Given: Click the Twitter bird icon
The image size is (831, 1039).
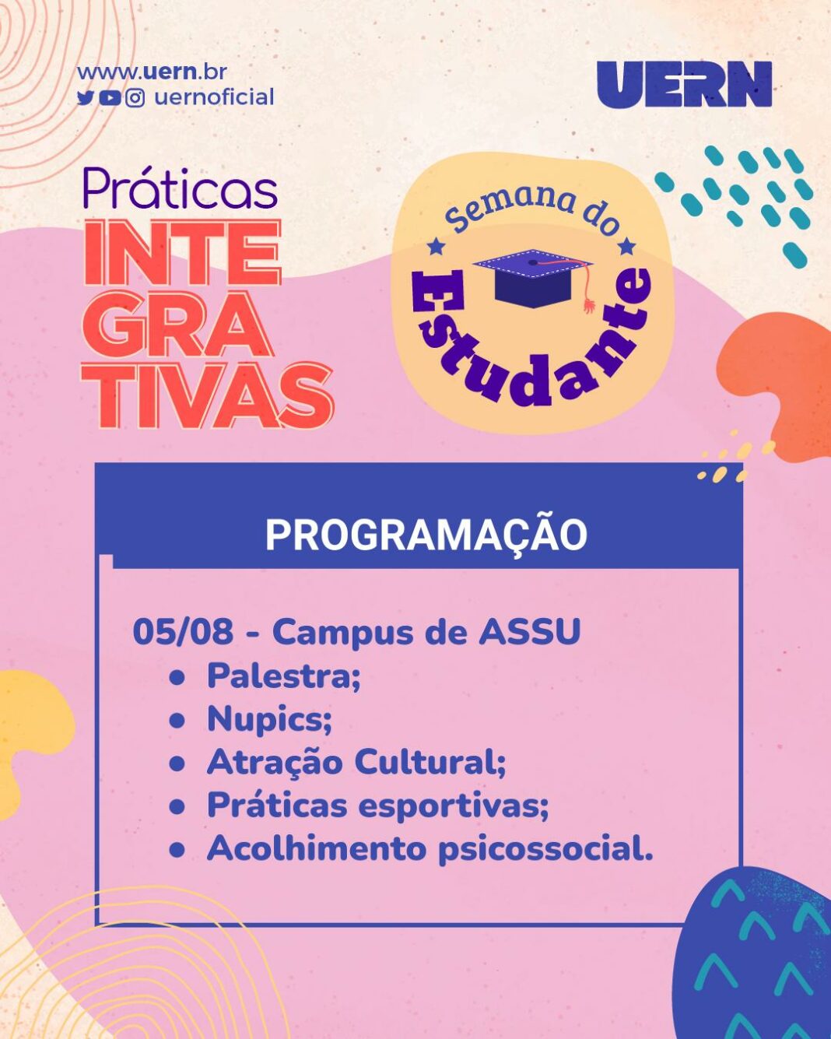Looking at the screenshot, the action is click(85, 98).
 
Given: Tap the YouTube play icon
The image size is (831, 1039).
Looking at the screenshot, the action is click(110, 98).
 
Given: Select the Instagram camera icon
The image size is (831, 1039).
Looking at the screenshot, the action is click(135, 98).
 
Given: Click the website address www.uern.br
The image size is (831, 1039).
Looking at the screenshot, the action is click(152, 72).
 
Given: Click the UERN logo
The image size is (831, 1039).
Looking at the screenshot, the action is click(684, 84).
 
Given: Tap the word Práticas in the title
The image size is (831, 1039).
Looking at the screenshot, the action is click(181, 189).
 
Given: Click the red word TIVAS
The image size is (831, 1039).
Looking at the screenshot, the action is click(208, 396).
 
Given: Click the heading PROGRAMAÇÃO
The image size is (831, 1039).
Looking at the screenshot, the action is click(426, 535).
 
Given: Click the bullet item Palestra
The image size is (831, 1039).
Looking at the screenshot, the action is click(283, 676).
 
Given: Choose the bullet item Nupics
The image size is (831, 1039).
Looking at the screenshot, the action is click(269, 719).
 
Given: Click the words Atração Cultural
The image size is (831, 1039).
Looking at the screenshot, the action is click(356, 763).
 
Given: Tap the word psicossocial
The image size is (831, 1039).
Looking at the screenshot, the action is click(545, 848).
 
